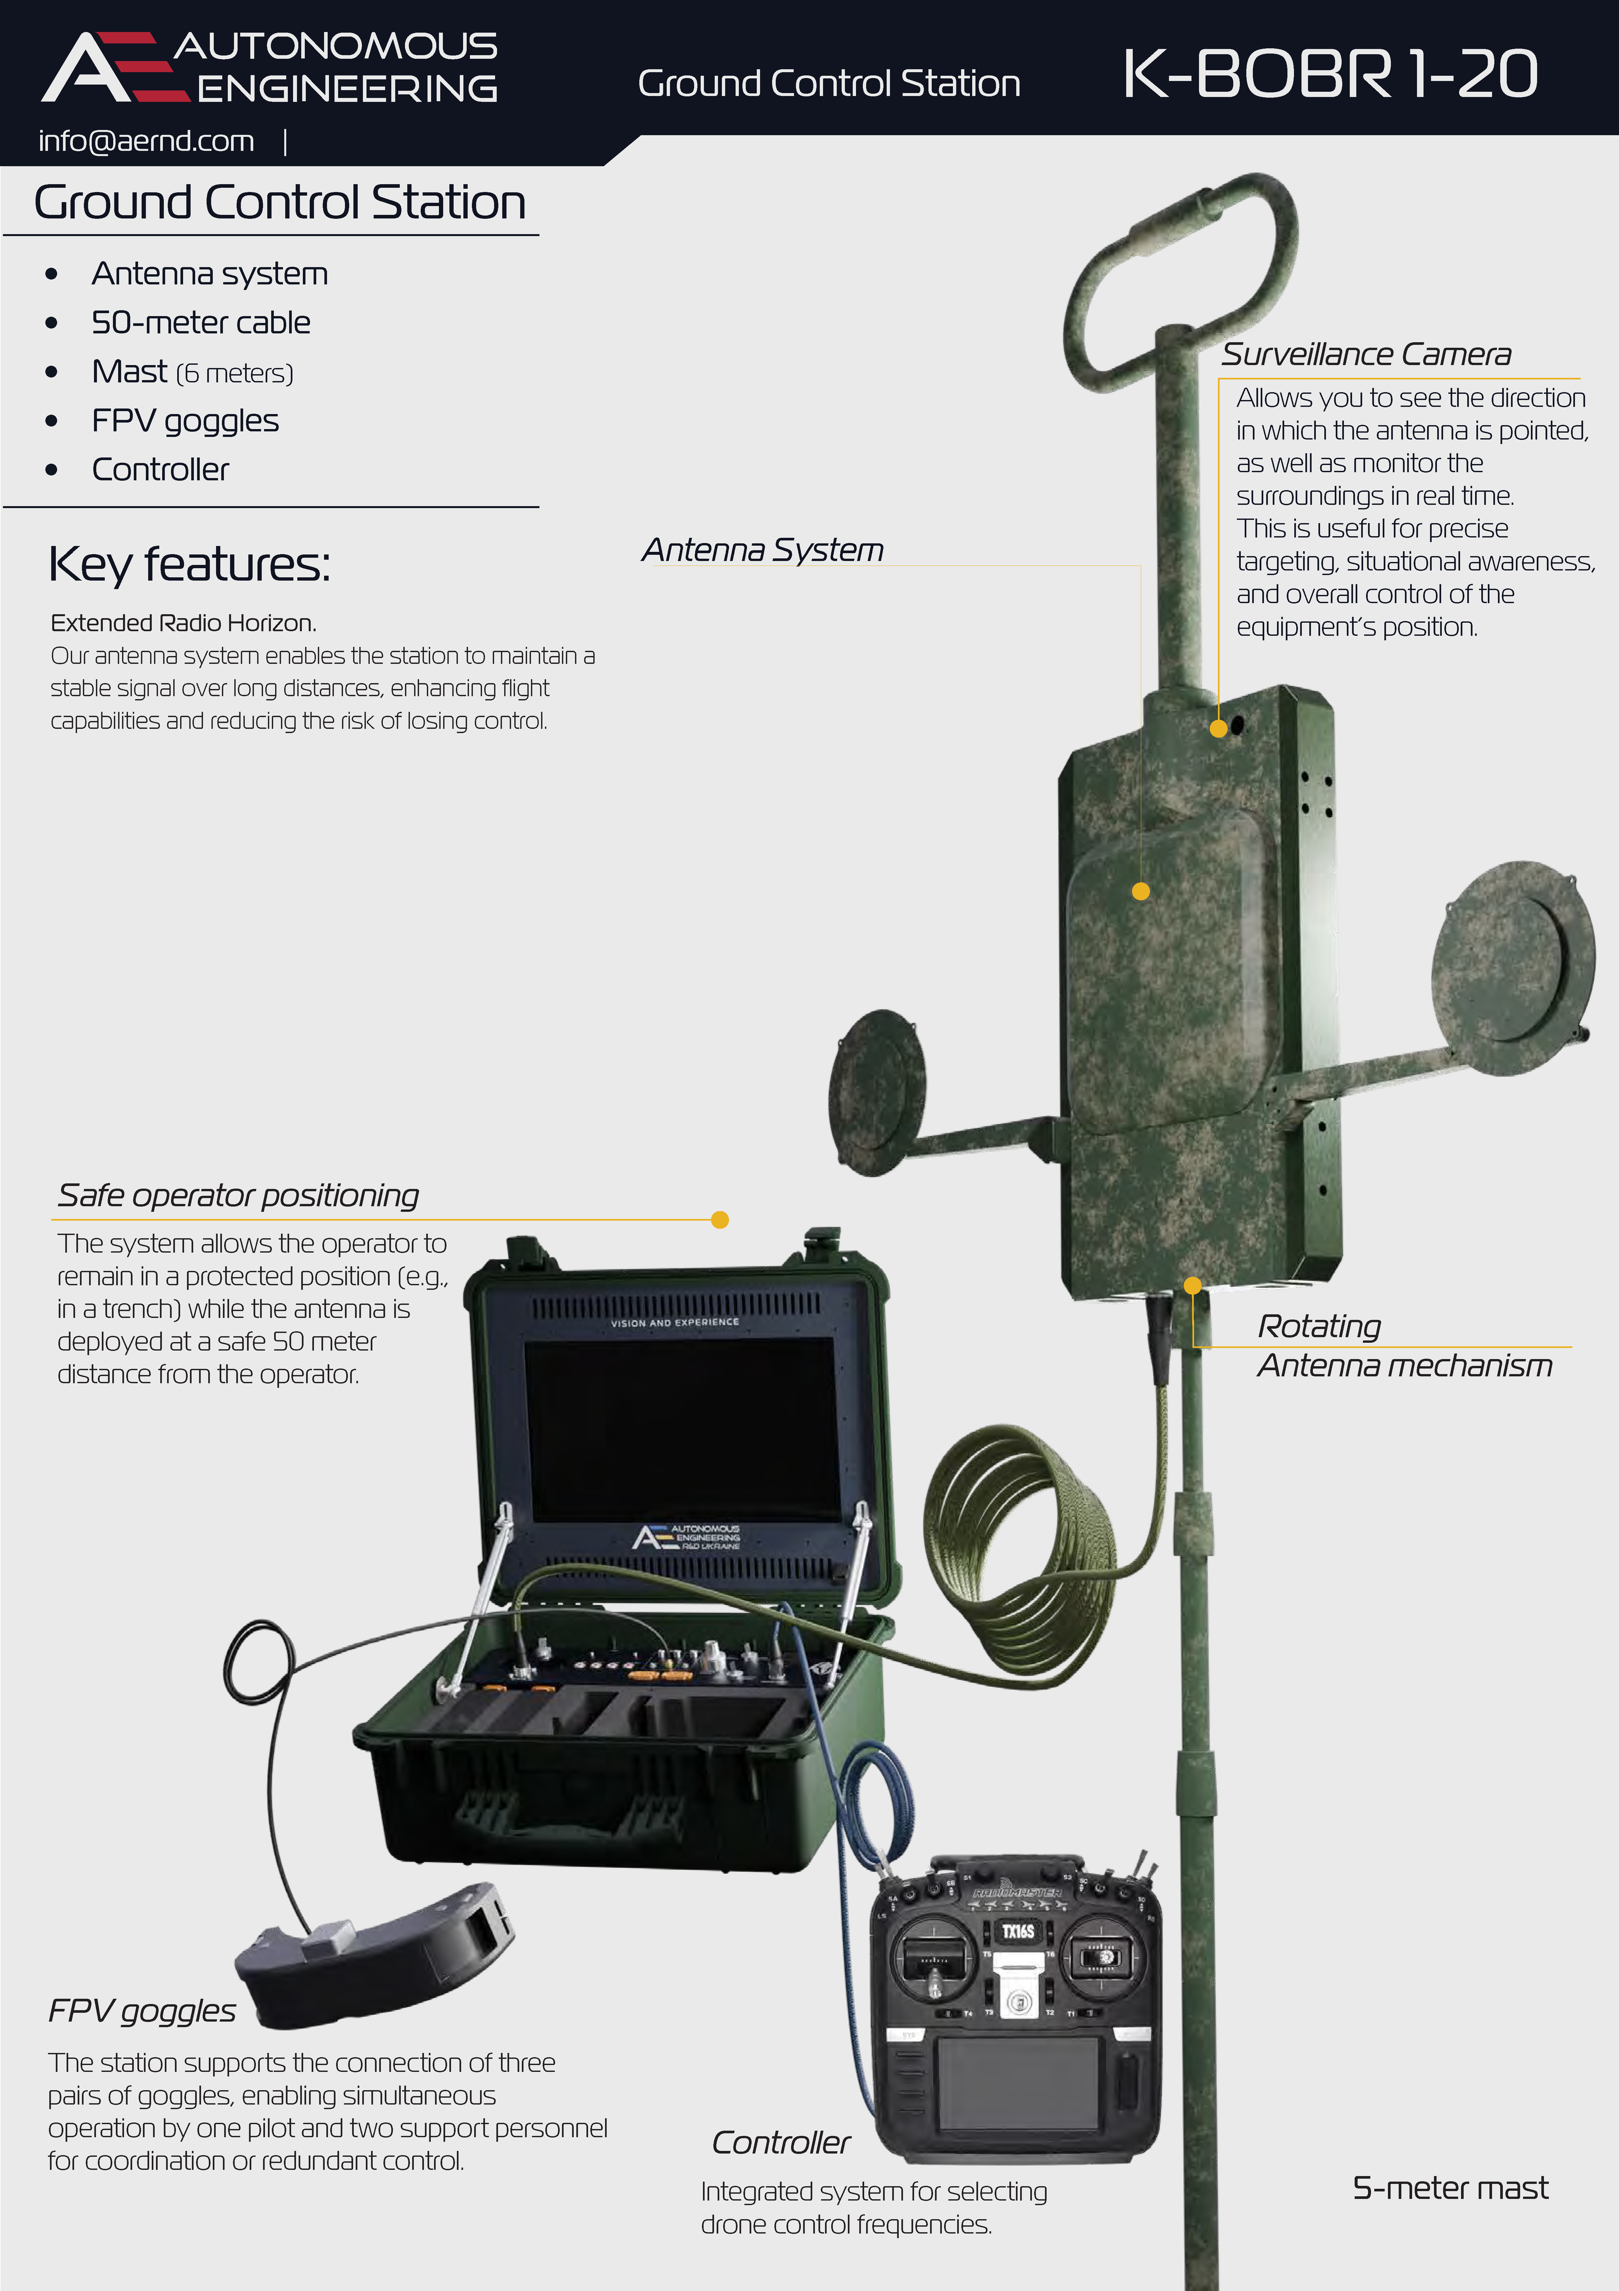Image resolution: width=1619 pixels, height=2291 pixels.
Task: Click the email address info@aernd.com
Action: tap(147, 142)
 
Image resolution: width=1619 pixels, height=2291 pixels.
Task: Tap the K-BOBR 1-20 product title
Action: tap(1330, 74)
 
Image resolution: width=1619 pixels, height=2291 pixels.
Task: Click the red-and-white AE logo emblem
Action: tap(115, 67)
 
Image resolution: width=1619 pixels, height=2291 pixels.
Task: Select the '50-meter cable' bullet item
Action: tap(200, 322)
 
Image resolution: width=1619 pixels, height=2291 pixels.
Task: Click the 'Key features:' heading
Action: tap(190, 565)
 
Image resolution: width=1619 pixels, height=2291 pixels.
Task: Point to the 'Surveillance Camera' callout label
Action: tap(1366, 354)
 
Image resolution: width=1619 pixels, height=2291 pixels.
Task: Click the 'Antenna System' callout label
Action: tap(762, 550)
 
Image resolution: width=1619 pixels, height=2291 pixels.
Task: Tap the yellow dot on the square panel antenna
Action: tap(1141, 891)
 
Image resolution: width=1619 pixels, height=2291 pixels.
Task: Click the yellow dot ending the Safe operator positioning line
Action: tap(720, 1219)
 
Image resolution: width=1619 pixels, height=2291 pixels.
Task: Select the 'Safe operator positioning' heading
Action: tap(237, 1195)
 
